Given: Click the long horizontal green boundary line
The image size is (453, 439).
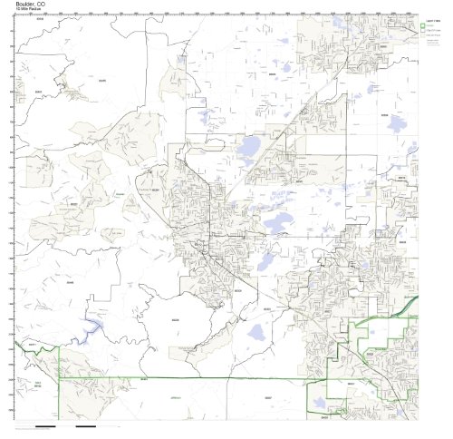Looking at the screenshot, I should (181, 377).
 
